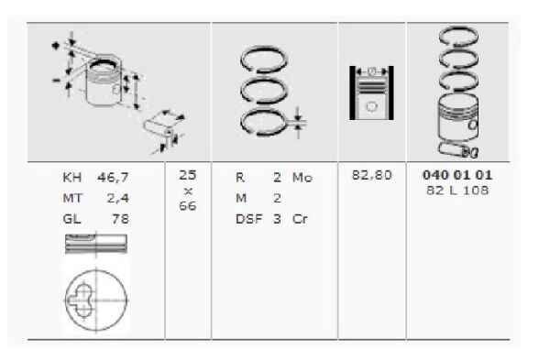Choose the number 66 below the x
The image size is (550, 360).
click(x=188, y=206)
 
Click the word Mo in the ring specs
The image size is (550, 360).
click(x=302, y=178)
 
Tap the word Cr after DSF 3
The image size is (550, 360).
click(x=300, y=218)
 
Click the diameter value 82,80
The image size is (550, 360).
click(x=372, y=175)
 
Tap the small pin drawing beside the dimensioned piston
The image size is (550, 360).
click(x=162, y=126)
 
